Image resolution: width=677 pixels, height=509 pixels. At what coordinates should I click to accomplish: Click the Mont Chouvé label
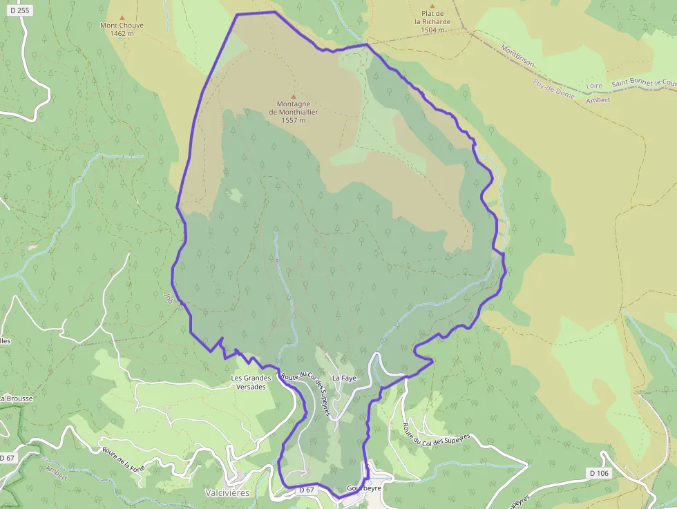pos(122,26)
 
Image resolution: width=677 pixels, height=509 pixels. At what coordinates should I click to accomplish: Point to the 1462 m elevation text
pos(122,33)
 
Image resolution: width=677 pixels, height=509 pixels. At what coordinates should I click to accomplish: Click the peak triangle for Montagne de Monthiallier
pos(293,97)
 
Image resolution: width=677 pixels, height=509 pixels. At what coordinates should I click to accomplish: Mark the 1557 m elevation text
pos(293,120)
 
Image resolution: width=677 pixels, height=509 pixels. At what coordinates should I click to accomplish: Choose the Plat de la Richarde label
pos(432,17)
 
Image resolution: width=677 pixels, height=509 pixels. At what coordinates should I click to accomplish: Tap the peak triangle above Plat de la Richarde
pos(432,6)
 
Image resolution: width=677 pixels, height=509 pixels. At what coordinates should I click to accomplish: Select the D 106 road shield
pos(600,473)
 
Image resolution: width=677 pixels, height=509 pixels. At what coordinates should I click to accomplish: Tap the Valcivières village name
pos(227,492)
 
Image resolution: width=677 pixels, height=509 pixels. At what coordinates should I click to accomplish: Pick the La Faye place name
pos(343,378)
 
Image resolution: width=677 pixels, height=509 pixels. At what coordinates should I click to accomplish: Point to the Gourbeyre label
pos(363,488)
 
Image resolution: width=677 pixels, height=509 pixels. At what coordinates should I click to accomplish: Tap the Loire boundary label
pos(594,86)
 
